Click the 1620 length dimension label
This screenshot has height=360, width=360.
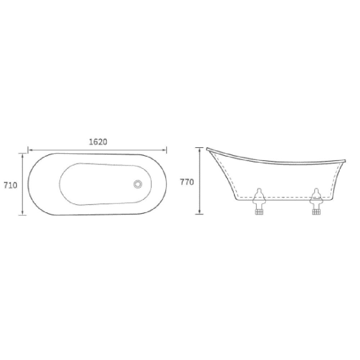98,142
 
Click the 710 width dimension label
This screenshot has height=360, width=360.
10,185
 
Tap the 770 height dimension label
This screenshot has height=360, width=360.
187,182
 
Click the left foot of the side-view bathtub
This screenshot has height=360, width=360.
259,201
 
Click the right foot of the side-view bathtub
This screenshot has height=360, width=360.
316,201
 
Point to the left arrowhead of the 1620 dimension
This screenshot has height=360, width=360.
30,150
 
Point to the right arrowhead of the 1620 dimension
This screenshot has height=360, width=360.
165,150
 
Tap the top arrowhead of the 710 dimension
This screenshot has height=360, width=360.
22,156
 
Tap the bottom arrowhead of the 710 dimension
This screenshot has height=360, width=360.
22,213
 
